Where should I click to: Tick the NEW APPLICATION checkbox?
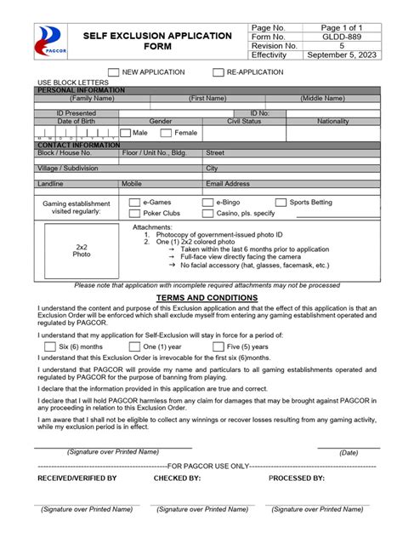coord(114,73)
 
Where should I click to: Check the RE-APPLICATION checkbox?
coord(219,73)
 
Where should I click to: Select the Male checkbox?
coord(126,133)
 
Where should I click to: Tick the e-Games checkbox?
coord(134,203)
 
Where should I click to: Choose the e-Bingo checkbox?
coord(208,203)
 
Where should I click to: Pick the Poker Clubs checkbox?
coord(134,214)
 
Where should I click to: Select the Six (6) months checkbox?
coord(49,346)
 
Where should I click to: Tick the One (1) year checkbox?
coord(134,346)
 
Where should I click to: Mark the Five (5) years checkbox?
coord(219,346)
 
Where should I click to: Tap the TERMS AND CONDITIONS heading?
coord(201,297)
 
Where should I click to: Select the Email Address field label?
coord(228,183)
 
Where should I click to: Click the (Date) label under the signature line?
coord(349,453)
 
